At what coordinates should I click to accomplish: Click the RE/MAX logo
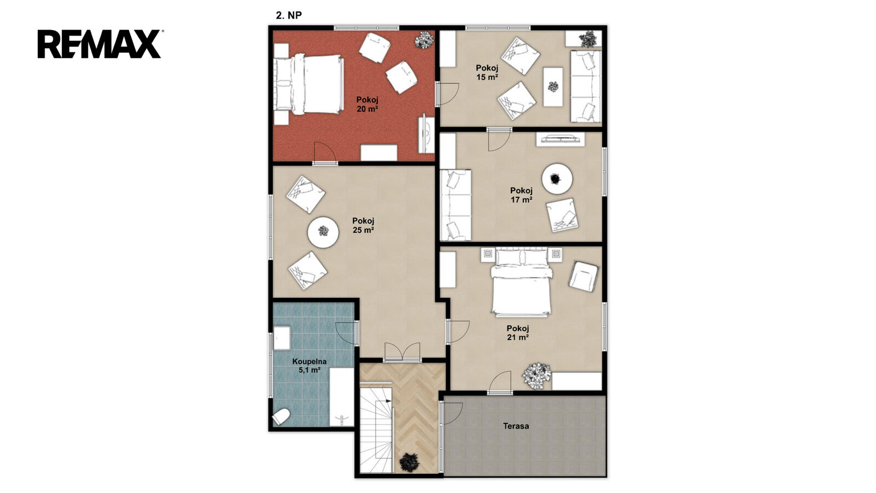[x=99, y=44]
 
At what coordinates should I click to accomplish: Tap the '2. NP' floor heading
[x=289, y=15]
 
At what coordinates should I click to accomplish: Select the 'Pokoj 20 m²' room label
[x=367, y=105]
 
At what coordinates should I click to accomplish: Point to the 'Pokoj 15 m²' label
[x=487, y=72]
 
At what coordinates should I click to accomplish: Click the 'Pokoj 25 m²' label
[x=364, y=225]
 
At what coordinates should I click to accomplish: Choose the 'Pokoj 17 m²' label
[x=521, y=195]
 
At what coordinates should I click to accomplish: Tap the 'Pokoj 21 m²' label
[x=518, y=333]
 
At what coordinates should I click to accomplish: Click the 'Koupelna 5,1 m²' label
[x=309, y=365]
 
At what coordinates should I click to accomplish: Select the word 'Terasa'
[x=516, y=426]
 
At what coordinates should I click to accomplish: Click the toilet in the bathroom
[x=281, y=417]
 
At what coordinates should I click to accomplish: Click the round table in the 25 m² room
[x=323, y=232]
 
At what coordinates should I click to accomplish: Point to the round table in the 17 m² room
[x=557, y=179]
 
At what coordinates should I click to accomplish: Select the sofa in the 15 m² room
[x=585, y=86]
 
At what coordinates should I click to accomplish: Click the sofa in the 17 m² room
[x=456, y=205]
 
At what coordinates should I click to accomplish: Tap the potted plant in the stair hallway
[x=410, y=462]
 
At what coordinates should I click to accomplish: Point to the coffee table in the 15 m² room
[x=553, y=87]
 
